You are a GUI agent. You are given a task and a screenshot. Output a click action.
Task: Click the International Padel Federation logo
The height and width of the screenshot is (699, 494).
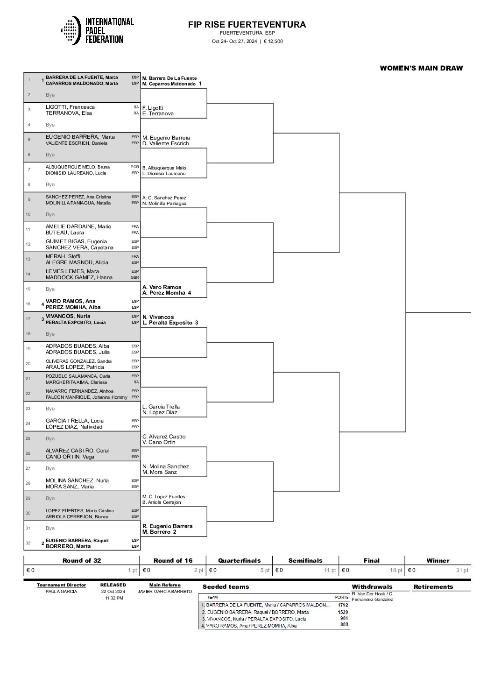97,31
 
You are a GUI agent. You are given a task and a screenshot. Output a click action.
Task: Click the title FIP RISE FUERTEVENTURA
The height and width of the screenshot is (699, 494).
247,25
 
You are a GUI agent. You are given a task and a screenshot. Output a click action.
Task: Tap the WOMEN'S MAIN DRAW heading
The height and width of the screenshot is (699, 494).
421,68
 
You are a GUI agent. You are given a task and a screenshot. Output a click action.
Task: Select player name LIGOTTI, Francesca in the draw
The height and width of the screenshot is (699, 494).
70,107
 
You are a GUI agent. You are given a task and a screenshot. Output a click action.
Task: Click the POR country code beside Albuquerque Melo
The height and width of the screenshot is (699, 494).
134,167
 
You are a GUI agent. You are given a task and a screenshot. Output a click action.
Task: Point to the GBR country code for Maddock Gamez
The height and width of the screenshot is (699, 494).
134,277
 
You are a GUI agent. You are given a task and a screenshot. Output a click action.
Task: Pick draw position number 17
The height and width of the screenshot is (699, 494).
29,319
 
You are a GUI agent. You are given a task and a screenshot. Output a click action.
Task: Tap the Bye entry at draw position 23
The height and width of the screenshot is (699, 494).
50,409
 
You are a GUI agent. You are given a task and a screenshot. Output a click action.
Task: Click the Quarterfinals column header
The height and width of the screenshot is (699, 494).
240,560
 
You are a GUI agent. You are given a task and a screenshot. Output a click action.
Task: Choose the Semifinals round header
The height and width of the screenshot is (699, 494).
305,560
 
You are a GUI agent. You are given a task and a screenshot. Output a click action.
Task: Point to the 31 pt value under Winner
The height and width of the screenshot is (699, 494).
462,570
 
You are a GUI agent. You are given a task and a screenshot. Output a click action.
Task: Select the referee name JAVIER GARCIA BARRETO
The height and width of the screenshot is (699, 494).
165,591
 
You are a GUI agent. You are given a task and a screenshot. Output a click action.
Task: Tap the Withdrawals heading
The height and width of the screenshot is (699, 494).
372,586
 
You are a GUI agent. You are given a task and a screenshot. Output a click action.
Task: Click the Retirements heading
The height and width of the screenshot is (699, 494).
433,586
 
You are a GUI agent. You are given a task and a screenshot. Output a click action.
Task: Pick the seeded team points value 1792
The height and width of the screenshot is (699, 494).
343,605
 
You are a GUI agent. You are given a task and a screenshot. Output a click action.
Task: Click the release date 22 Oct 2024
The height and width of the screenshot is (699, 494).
113,591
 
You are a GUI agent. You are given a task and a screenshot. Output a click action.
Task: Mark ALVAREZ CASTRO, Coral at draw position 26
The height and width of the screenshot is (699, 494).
78,451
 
